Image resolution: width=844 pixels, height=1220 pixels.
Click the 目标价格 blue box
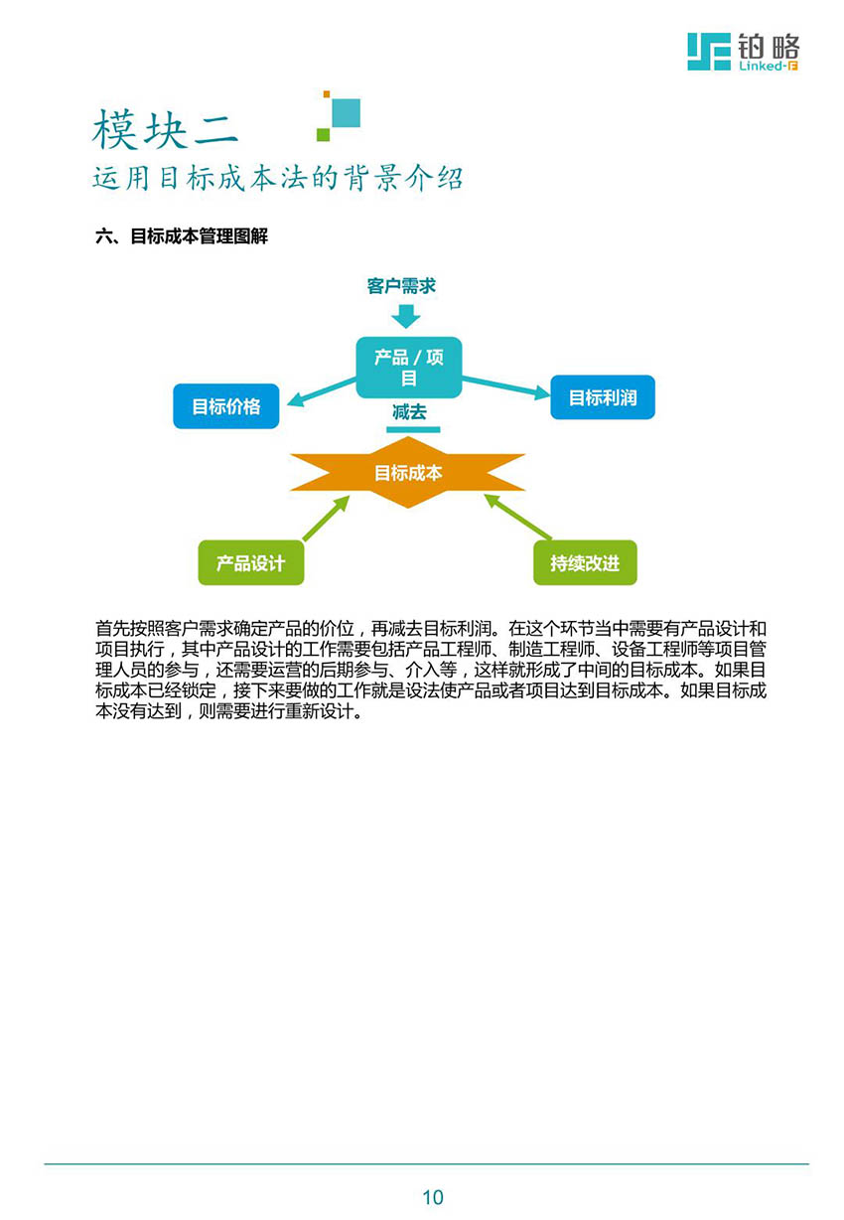click(226, 406)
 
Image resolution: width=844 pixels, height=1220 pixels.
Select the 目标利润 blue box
click(603, 397)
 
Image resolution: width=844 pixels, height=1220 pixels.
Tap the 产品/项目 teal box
click(408, 367)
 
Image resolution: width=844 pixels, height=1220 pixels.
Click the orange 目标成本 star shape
click(407, 472)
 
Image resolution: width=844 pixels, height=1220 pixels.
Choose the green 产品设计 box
click(251, 562)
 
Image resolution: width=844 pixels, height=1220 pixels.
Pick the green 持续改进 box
click(585, 562)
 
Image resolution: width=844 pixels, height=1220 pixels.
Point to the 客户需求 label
click(401, 286)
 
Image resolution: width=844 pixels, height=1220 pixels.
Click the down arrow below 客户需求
click(406, 316)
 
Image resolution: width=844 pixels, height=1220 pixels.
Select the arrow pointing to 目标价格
click(322, 392)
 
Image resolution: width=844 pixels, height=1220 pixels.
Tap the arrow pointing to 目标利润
click(506, 385)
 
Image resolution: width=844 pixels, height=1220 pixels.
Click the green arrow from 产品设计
click(326, 518)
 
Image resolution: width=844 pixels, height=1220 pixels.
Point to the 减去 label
click(409, 411)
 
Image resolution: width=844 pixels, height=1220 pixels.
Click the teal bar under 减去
click(413, 430)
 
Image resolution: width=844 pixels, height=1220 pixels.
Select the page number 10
click(433, 1197)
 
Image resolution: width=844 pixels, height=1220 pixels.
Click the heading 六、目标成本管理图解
click(182, 236)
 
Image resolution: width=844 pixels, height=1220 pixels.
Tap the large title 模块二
click(165, 129)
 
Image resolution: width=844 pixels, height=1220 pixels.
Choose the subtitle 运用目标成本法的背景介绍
click(278, 178)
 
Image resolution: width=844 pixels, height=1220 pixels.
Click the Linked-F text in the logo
click(769, 66)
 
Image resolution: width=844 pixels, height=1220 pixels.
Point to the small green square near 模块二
click(323, 134)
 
